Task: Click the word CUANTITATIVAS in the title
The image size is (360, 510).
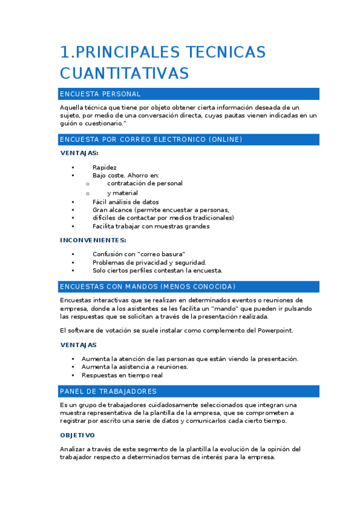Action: click(x=124, y=73)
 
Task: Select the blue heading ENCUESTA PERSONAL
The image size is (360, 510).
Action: click(x=100, y=94)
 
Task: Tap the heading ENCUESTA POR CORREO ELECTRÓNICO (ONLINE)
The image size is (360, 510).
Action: click(x=151, y=140)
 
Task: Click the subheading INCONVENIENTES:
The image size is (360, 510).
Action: click(x=93, y=240)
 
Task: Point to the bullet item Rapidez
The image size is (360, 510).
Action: click(x=105, y=167)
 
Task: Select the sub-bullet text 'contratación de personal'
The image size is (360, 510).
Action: click(x=145, y=183)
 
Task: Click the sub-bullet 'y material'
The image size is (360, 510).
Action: click(x=123, y=193)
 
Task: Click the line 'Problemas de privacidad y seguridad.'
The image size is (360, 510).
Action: click(x=149, y=262)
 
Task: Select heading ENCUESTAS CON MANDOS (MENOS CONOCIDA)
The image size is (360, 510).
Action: click(x=148, y=286)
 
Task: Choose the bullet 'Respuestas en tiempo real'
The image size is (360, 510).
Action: click(x=122, y=375)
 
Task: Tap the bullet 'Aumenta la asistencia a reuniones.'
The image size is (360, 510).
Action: click(x=135, y=367)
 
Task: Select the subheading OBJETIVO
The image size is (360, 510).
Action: click(x=77, y=435)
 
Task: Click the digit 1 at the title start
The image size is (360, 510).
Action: click(x=64, y=52)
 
